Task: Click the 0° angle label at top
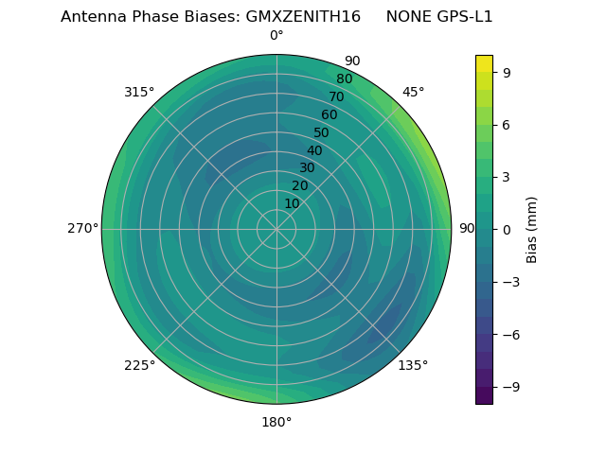point(276,36)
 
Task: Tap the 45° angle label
point(413,93)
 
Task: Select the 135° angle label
point(413,365)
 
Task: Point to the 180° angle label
point(276,422)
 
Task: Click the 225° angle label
point(139,365)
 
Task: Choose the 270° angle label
point(82,229)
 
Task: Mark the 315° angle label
point(139,93)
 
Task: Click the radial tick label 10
point(292,204)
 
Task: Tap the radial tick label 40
point(314,151)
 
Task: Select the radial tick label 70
point(336,97)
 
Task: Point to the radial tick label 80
point(344,79)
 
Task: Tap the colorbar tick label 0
point(507,230)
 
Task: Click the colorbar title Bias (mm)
point(532,229)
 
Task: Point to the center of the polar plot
point(276,229)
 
